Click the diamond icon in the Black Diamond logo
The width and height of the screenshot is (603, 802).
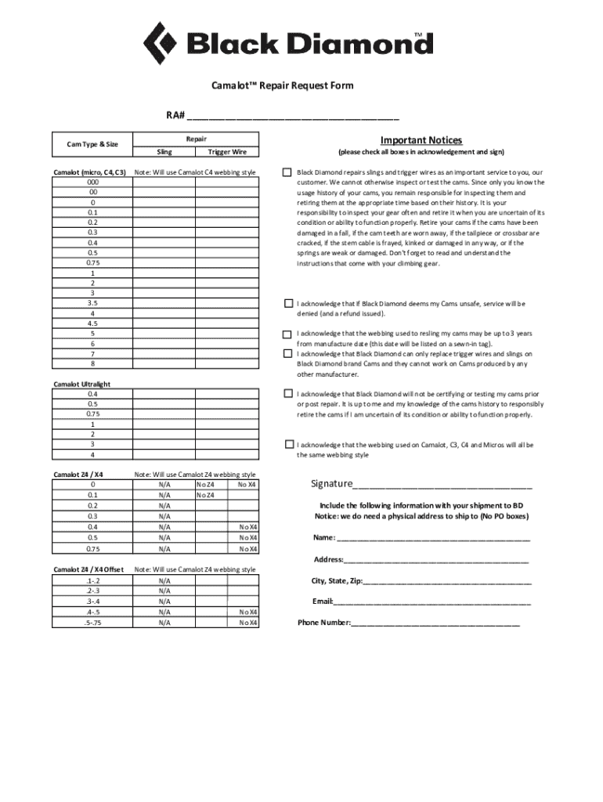click(161, 43)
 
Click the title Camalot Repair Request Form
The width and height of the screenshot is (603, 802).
click(282, 85)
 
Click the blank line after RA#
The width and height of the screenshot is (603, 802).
click(294, 117)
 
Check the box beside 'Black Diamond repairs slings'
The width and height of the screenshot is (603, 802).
click(287, 172)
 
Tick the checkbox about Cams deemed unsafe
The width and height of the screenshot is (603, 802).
click(287, 304)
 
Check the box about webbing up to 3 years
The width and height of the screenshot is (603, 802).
click(287, 334)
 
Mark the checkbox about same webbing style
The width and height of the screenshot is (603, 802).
click(290, 444)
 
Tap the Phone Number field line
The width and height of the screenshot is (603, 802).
click(435, 624)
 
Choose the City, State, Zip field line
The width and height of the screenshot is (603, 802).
click(447, 582)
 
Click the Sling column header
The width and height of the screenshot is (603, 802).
click(164, 152)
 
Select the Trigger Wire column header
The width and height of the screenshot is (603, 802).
click(227, 152)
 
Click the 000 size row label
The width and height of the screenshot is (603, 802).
click(92, 182)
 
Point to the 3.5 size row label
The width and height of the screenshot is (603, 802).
click(92, 302)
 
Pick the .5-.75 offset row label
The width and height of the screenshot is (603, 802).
click(92, 623)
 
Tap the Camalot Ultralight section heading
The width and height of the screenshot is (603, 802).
click(81, 384)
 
